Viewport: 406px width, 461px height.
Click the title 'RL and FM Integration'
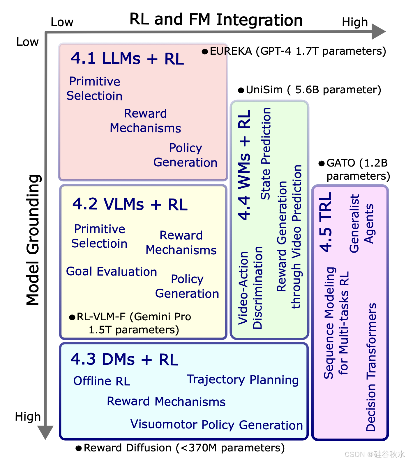(x=216, y=20)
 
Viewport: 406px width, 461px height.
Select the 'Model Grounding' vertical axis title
(x=33, y=240)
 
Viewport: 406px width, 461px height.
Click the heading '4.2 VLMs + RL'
(x=130, y=204)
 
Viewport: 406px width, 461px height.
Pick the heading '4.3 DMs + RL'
(x=124, y=359)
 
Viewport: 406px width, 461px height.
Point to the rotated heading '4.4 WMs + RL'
(x=244, y=165)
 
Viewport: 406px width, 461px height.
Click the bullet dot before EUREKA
(x=205, y=51)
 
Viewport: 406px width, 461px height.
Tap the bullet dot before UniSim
(x=241, y=90)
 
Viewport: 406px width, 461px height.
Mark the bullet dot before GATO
(x=322, y=163)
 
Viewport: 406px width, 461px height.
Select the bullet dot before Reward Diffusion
(x=79, y=448)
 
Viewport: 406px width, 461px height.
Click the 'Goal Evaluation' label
(x=112, y=271)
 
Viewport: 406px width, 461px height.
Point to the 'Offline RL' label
(x=102, y=381)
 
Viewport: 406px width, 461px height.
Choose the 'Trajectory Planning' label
(x=243, y=380)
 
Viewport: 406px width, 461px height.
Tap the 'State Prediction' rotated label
(x=265, y=153)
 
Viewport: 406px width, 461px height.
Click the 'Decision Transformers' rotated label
(x=371, y=367)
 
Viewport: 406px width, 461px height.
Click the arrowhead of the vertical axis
(x=45, y=432)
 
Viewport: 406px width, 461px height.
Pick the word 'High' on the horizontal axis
(x=355, y=22)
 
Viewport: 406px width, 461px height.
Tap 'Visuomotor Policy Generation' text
(x=216, y=425)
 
